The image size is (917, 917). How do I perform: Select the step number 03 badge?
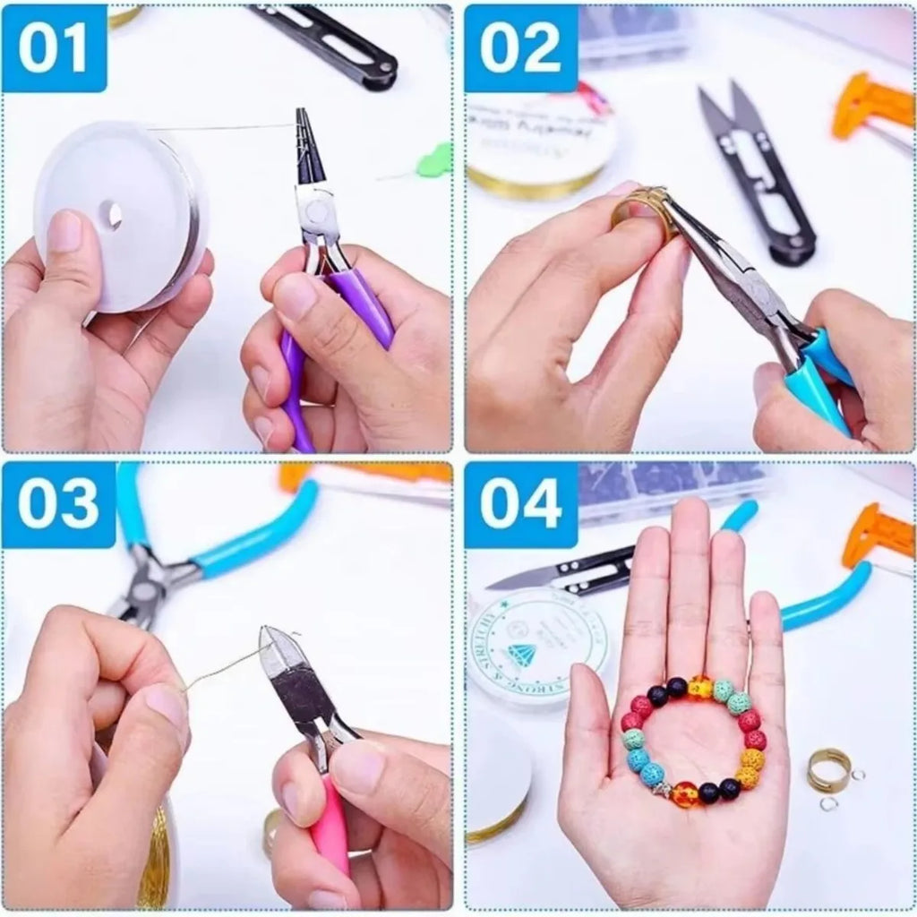click(58, 505)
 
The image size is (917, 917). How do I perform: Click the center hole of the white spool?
click(111, 215)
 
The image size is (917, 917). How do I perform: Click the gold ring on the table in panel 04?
click(829, 769)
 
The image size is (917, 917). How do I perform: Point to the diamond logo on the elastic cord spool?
click(522, 655)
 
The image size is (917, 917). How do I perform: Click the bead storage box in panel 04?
click(672, 488)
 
